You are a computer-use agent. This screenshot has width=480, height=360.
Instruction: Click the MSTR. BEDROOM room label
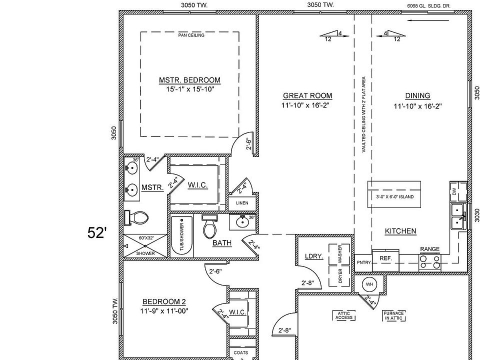click(x=189, y=80)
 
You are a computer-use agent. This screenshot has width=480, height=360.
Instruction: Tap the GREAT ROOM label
click(x=307, y=96)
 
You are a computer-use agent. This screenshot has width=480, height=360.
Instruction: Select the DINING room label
click(x=417, y=96)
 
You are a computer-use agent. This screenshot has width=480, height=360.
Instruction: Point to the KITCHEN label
click(x=400, y=231)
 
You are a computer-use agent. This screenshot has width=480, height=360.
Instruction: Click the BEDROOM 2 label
click(x=164, y=301)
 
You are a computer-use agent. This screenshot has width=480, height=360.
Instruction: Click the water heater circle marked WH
click(x=369, y=284)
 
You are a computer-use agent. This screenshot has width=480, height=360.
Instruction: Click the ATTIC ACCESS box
click(x=344, y=315)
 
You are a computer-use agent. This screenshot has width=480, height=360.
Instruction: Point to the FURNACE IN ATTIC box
click(x=393, y=315)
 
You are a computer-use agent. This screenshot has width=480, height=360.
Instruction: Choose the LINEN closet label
click(x=242, y=203)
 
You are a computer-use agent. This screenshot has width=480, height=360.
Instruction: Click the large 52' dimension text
click(x=97, y=232)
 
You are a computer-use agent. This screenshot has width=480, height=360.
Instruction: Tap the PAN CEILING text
click(x=191, y=35)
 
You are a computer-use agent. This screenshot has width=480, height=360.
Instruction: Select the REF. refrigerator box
click(x=385, y=258)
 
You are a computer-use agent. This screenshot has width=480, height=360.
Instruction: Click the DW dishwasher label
click(x=454, y=191)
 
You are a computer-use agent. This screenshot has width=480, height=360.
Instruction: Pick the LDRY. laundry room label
click(x=313, y=256)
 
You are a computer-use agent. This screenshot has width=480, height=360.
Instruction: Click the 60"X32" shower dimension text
click(x=146, y=238)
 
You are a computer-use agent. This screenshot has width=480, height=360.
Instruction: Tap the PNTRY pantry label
click(x=363, y=262)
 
